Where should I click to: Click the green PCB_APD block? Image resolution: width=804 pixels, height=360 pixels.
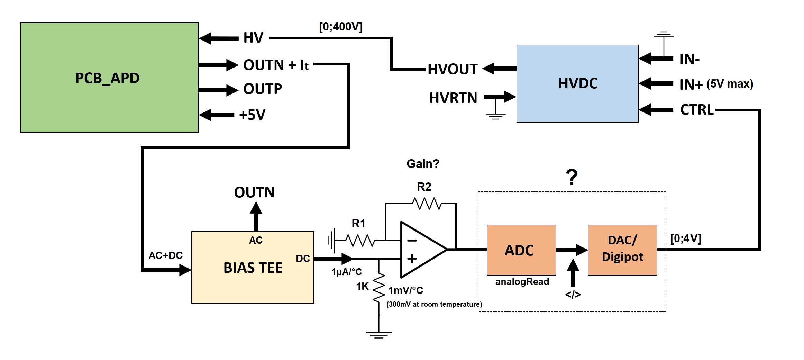pos(109,78)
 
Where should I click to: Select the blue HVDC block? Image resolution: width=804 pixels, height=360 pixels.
pos(577,83)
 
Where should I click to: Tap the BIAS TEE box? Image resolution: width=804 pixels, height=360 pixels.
pos(253,267)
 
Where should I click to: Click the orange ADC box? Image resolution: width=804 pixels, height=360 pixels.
pos(521,250)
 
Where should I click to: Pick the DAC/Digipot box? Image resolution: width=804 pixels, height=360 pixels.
pos(622,250)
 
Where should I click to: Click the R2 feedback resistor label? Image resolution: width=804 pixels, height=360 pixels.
pos(424,187)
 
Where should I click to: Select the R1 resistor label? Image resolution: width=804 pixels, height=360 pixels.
pos(358,224)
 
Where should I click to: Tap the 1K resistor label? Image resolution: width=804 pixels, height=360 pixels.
pos(362,287)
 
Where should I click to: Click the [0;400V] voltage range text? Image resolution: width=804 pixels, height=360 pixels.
pos(340,27)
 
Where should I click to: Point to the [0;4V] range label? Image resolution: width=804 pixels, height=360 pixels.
pos(685,238)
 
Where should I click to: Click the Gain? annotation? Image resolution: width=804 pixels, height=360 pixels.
pos(422,164)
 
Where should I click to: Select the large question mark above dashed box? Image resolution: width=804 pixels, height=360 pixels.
pos(572,177)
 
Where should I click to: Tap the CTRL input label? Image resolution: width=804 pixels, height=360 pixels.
pos(696,110)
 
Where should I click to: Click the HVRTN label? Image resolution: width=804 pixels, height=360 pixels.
pos(453,98)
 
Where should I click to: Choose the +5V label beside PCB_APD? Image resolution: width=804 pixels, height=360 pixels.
pos(252,115)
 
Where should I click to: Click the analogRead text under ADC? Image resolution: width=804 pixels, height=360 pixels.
pos(522,282)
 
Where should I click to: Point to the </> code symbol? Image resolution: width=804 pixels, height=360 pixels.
pos(573,295)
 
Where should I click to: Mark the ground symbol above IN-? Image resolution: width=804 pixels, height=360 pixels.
pos(664,35)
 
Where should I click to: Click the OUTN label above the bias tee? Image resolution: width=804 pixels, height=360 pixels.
pos(254,192)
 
